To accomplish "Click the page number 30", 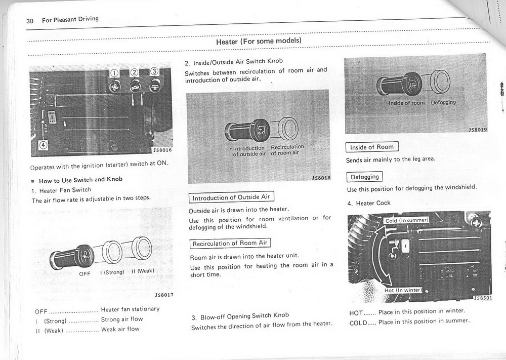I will pos(30,21).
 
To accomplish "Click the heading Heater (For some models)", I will pos(259,41).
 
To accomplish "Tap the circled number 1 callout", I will pos(115,73).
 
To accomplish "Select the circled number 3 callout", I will pos(154,71).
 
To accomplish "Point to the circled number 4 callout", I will pos(44,145).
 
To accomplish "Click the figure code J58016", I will pos(162,150).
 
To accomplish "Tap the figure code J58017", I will pos(164,295).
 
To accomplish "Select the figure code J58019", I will pos(477,130).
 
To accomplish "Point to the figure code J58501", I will pos(482,298).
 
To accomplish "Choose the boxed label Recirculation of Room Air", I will pos(230,244).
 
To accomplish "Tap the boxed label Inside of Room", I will pos(372,147).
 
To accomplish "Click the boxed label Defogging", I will pos(364,177).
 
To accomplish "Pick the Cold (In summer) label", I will pos(407,220).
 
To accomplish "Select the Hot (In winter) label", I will pos(403,290).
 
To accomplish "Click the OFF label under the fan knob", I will pos(85,274).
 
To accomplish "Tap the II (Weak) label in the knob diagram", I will pos(142,271).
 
